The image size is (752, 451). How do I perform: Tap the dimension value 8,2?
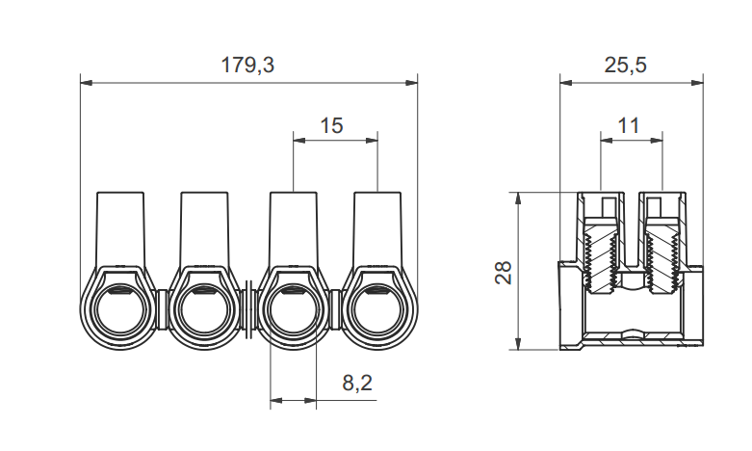coord(357,383)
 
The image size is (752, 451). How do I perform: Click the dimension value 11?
coord(629,124)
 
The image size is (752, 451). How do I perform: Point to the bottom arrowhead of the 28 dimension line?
coord(519,345)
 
